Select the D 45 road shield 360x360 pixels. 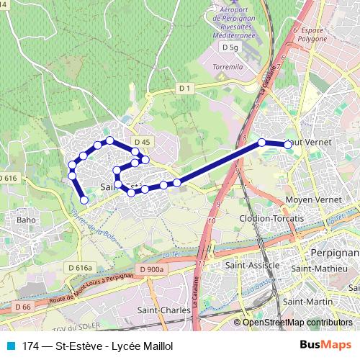click(142, 142)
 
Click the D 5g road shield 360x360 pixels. click(230, 46)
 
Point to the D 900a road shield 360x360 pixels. click(152, 269)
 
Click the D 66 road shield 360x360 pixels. click(22, 307)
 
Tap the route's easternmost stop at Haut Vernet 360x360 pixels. click(288, 145)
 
